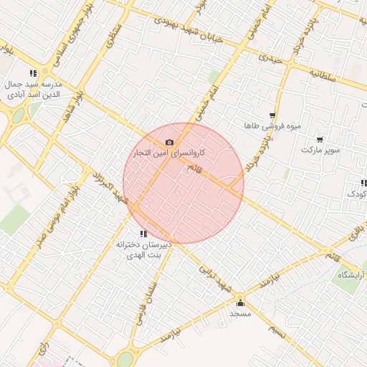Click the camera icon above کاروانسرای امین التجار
click(169, 143)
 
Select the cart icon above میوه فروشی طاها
click(272, 115)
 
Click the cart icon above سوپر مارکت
click(319, 139)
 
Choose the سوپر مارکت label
click(320, 150)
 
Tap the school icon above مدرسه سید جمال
click(33, 73)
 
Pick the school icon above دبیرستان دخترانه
click(144, 233)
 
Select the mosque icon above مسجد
click(239, 302)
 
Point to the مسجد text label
click(239, 314)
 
